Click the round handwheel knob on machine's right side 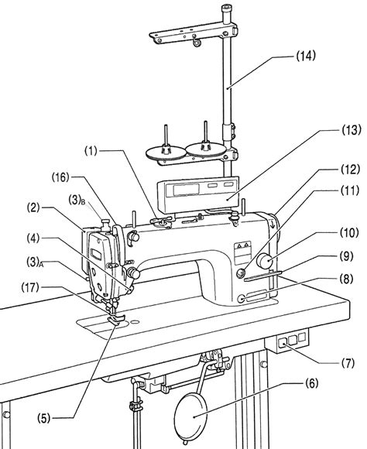click(x=266, y=261)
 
